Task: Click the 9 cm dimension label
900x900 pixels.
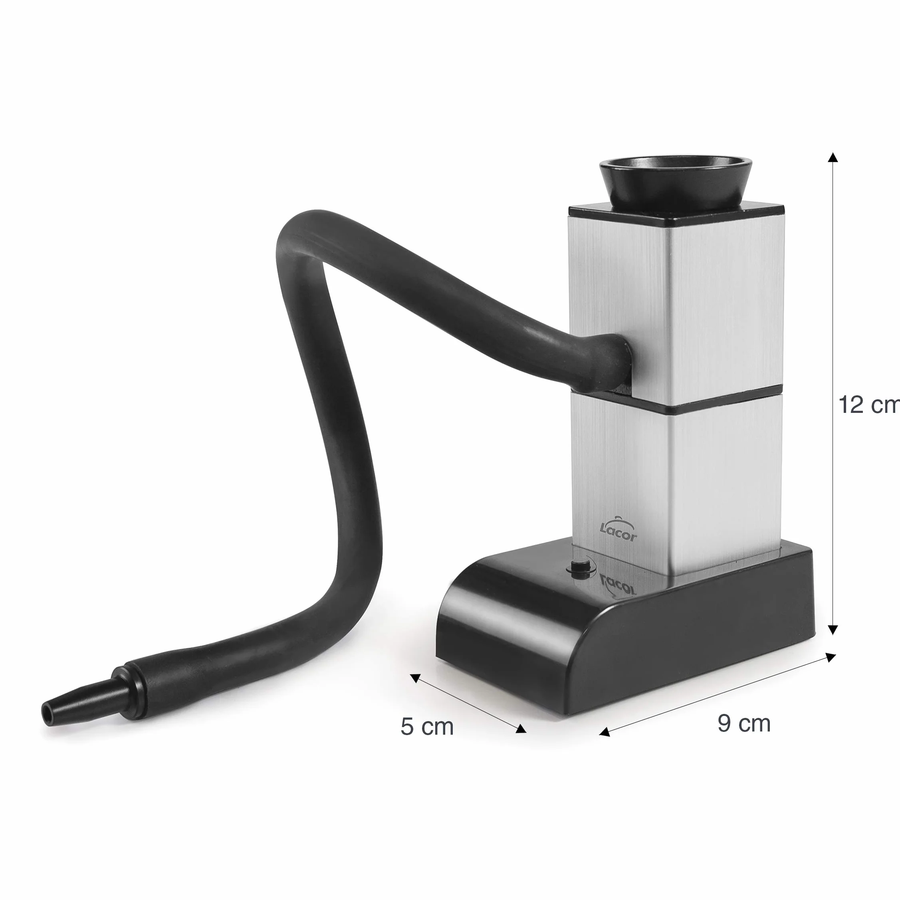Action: pyautogui.click(x=744, y=723)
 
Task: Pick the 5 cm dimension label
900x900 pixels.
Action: pyautogui.click(x=427, y=727)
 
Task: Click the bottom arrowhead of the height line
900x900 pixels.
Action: pyautogui.click(x=833, y=630)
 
